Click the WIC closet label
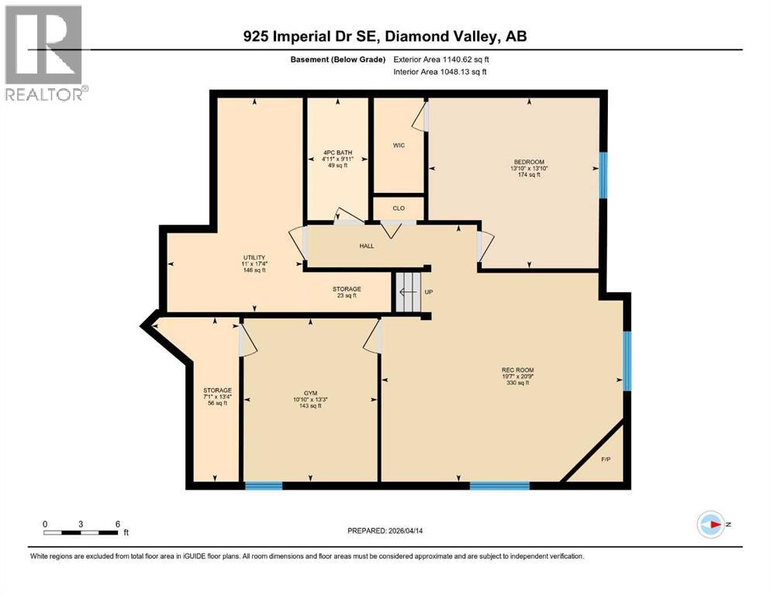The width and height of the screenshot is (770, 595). (398, 145)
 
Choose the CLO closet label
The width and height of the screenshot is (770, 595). (399, 208)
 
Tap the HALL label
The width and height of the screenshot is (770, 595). (367, 246)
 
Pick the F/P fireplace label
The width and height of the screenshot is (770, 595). (606, 459)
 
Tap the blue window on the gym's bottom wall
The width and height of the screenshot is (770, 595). (263, 486)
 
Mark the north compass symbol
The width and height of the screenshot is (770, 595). (710, 524)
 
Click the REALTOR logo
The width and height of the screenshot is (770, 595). (43, 53)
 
